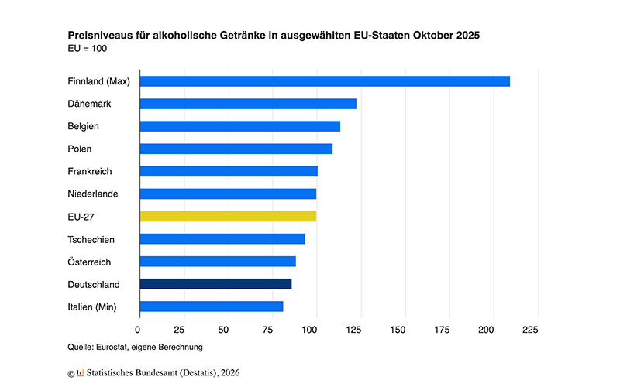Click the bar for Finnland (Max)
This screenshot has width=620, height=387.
(x=325, y=81)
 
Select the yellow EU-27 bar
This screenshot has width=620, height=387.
(x=228, y=216)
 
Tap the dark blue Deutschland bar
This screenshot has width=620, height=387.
(x=215, y=284)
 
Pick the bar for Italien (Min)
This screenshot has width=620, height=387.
(x=212, y=307)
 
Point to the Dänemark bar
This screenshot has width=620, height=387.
(x=248, y=104)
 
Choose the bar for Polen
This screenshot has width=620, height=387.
(x=236, y=149)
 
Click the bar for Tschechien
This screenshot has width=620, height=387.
(x=222, y=238)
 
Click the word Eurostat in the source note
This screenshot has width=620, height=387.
(x=117, y=347)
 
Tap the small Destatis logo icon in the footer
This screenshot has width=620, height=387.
(x=81, y=373)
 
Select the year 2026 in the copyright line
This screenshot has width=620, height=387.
(x=229, y=373)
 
